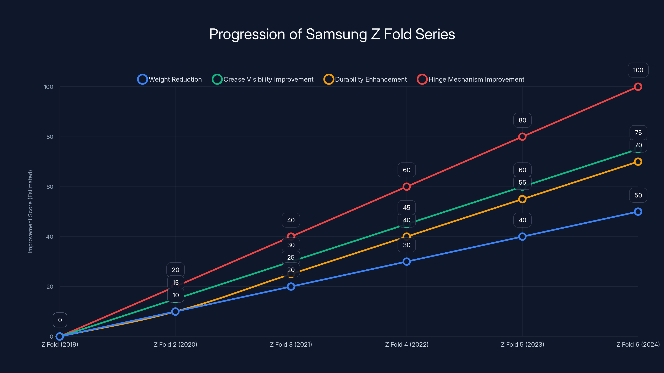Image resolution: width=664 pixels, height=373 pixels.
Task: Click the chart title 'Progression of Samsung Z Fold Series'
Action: tap(332, 34)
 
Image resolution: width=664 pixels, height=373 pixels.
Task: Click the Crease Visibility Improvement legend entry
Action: tap(263, 79)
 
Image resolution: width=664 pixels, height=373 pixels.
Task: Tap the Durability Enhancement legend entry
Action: tap(365, 79)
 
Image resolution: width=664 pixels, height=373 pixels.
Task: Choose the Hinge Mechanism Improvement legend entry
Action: tap(471, 79)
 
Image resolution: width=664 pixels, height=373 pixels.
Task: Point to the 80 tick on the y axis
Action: tap(50, 137)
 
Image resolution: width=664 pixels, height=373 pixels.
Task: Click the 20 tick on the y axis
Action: tap(50, 287)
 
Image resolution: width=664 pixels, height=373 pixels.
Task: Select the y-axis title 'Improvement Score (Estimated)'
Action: tap(31, 212)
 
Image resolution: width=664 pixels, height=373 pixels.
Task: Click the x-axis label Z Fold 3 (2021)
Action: tap(291, 344)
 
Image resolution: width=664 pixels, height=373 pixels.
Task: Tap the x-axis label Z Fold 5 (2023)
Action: tap(522, 344)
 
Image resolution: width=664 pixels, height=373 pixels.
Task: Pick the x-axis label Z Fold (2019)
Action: tap(60, 344)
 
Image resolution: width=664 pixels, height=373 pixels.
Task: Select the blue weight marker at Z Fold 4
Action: tap(406, 262)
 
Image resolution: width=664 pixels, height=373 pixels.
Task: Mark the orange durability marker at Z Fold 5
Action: tap(522, 199)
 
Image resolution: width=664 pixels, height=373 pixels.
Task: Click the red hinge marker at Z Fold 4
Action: tap(406, 187)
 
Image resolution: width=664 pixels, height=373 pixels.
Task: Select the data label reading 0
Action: tap(60, 320)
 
